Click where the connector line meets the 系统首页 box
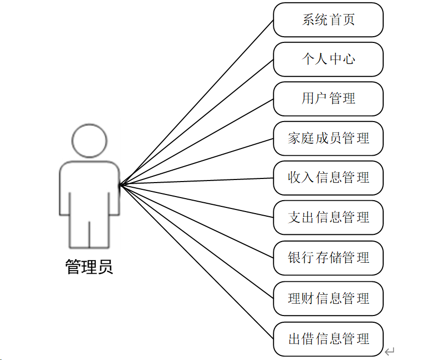point(273,21)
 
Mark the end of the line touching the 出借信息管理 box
point(273,339)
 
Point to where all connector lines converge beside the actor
point(120,185)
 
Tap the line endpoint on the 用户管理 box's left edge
point(273,99)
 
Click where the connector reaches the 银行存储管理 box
point(273,258)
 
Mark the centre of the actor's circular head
point(90,141)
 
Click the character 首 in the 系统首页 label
point(335,20)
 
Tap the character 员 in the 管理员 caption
point(105,267)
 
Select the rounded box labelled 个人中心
point(328,59)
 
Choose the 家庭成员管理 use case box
point(328,139)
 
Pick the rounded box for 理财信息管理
point(328,298)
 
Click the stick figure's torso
point(90,188)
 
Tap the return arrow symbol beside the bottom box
point(389,351)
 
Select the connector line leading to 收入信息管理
point(196,182)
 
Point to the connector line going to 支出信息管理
point(196,201)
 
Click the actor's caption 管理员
point(89,267)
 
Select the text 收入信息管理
point(328,178)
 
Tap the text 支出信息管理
point(328,217)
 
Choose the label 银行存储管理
point(328,258)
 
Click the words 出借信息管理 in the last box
point(328,339)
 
